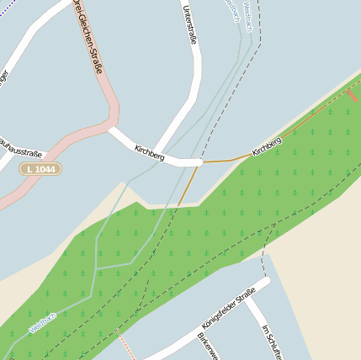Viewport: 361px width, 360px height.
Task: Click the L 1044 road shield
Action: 41,169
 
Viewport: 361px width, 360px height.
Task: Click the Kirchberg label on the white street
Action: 150,153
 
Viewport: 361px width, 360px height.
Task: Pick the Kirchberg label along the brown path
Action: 266,146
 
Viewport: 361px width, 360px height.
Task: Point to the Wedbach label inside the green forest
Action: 42,322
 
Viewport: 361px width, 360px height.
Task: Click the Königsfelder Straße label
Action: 229,307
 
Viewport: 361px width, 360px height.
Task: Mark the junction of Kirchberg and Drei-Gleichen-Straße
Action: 109,128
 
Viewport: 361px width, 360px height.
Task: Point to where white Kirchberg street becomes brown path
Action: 202,161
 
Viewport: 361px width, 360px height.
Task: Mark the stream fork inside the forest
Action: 97,267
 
